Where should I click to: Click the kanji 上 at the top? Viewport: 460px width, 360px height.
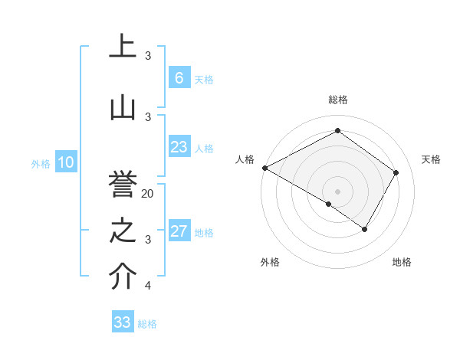pos(123,47)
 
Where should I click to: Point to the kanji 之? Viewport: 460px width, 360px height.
pos(123,230)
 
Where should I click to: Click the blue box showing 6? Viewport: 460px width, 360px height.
pos(179,78)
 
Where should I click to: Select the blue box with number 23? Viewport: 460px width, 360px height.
pos(179,147)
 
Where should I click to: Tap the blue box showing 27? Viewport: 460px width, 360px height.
pos(179,231)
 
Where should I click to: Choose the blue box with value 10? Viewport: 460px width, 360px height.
pos(66,162)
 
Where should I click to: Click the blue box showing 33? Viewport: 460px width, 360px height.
pos(123,322)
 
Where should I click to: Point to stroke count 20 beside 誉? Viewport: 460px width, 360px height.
pos(148,194)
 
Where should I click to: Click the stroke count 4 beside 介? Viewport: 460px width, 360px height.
pos(147,286)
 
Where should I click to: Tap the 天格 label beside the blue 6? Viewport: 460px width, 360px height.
pos(203,80)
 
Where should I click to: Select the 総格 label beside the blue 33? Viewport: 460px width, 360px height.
pos(147,324)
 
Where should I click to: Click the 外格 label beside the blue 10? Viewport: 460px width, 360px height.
pos(40,163)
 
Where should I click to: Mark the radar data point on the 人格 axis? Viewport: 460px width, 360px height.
pos(264,168)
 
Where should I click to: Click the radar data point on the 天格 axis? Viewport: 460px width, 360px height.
pos(396,173)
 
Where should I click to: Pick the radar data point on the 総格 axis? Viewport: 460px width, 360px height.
pos(337,131)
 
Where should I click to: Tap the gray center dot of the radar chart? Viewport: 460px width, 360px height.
pos(337,191)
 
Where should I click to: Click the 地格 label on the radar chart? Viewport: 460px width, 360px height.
pos(402,263)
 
